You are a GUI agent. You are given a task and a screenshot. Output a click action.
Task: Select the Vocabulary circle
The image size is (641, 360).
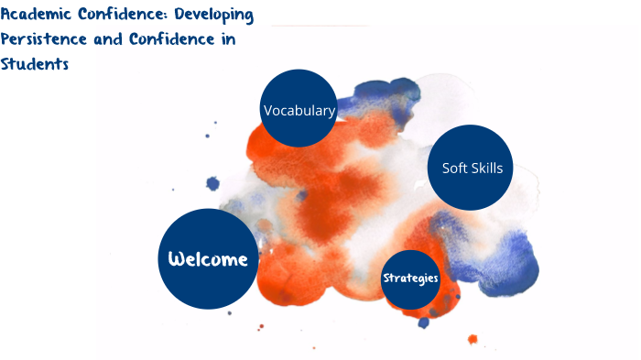299,109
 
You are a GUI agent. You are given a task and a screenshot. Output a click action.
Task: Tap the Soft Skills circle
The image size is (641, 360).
472,167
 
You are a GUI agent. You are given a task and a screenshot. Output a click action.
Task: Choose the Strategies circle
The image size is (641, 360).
410,278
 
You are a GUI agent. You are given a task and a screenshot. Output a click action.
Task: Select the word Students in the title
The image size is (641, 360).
35,65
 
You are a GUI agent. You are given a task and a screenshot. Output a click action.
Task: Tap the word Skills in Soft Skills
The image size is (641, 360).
487,169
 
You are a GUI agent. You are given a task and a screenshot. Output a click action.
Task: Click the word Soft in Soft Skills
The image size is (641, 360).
455,169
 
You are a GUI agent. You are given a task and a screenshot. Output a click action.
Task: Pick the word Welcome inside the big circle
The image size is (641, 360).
207,259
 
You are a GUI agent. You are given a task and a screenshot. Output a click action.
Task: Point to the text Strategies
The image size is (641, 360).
410,278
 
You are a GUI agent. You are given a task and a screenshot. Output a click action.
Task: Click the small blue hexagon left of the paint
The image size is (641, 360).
213,184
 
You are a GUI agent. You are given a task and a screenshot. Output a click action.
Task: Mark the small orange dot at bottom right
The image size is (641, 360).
473,339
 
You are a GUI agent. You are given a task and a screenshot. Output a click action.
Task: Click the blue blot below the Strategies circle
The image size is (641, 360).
423,322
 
